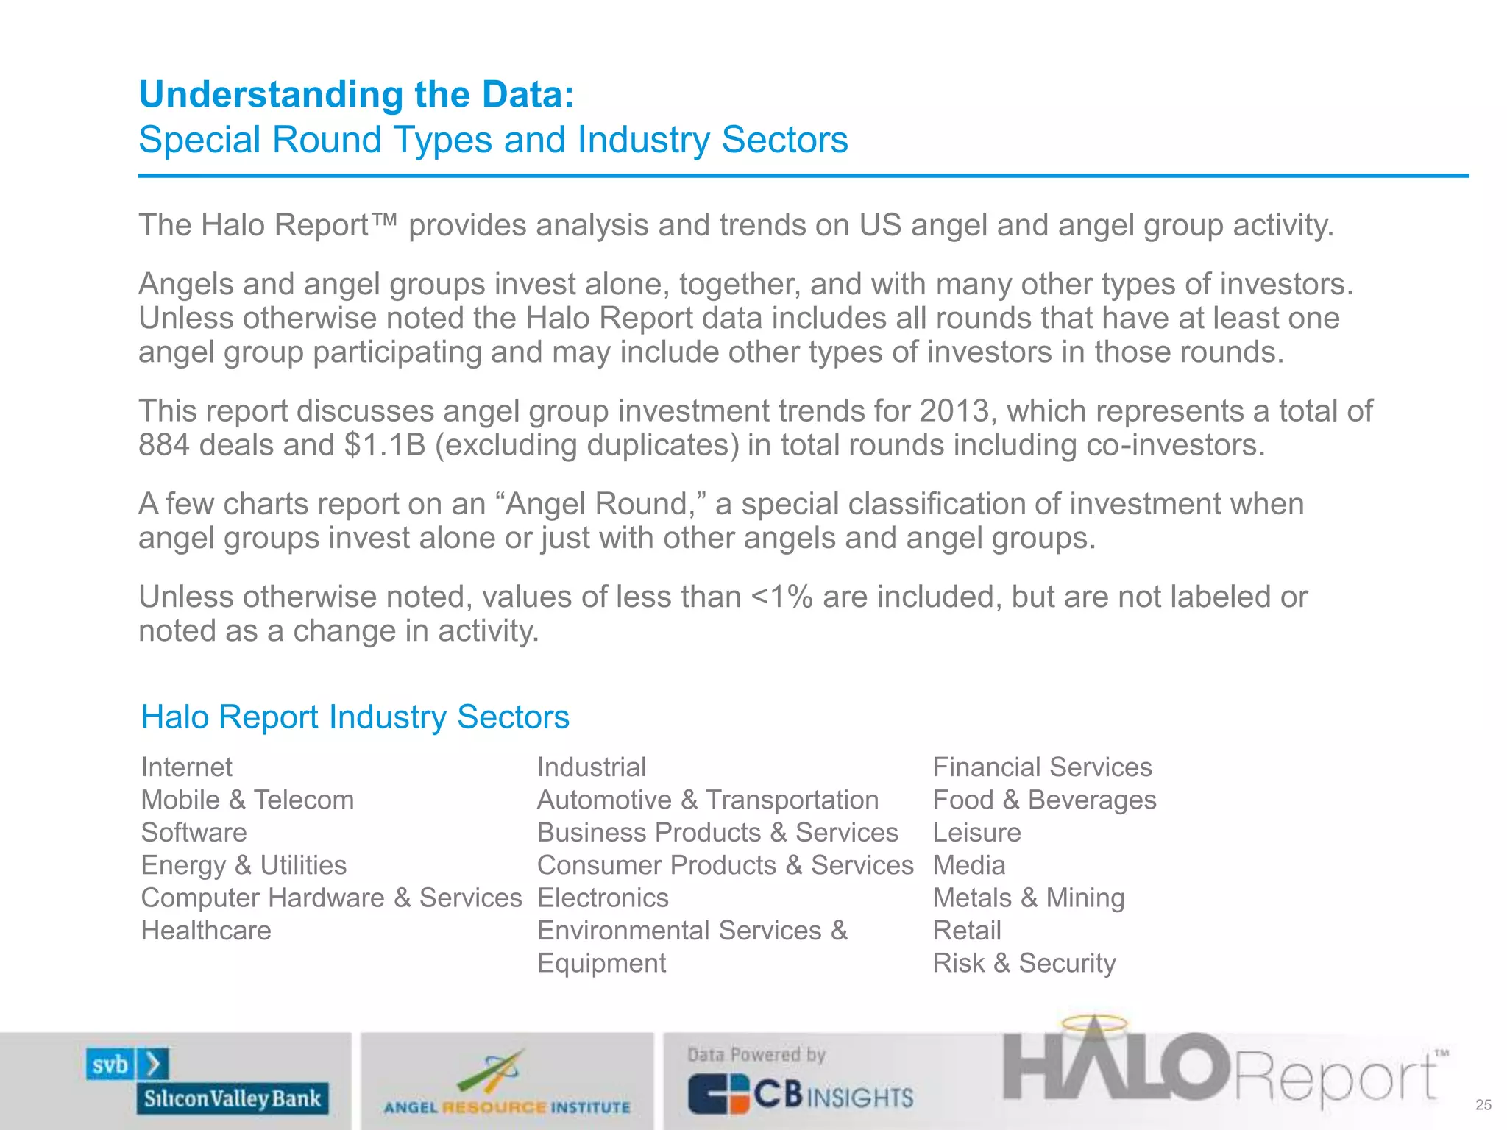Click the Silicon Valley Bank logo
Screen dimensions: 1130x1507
point(208,1080)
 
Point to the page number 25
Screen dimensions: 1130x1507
point(1483,1105)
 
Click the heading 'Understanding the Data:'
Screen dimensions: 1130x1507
point(356,95)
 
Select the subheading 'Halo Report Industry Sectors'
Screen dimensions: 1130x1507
point(355,717)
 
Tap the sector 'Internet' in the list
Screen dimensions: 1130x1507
point(186,767)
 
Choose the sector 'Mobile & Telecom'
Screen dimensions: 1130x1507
point(247,800)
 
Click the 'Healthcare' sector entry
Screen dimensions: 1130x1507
point(206,931)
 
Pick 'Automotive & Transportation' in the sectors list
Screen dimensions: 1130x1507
point(707,800)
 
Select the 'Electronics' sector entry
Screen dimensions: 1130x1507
point(603,898)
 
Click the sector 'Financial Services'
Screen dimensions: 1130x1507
point(1042,767)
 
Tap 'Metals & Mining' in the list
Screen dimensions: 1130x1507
point(1028,898)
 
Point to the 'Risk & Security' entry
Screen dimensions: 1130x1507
point(1024,963)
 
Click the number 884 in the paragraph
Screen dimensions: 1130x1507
point(164,445)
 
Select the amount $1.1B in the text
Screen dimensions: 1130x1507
point(384,445)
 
